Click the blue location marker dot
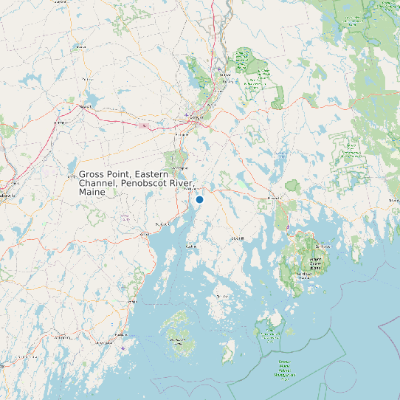point(199,200)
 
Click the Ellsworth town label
point(275,198)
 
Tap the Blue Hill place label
point(238,239)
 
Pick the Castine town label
point(192,246)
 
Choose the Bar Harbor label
point(323,246)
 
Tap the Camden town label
point(132,301)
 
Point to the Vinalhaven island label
point(177,340)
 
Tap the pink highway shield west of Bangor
point(144,125)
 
